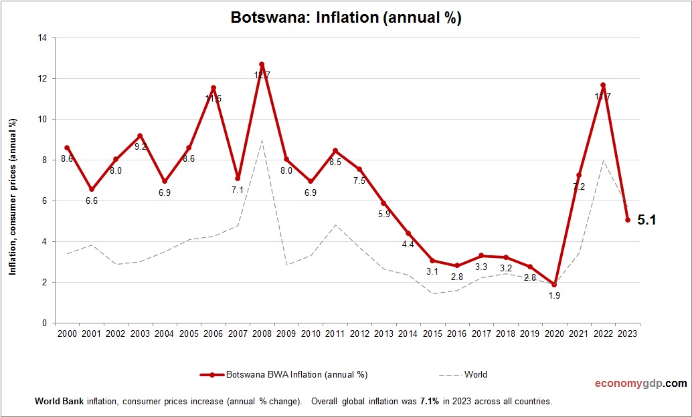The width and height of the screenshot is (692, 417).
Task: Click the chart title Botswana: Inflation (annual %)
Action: pyautogui.click(x=346, y=18)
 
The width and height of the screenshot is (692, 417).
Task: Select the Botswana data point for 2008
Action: pyautogui.click(x=262, y=64)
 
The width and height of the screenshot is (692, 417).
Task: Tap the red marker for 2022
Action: pyautogui.click(x=603, y=85)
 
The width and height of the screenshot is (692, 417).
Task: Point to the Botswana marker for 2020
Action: pyautogui.click(x=554, y=285)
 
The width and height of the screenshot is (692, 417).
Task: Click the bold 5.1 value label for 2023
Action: pyautogui.click(x=646, y=219)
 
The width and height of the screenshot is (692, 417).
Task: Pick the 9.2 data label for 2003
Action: pyautogui.click(x=141, y=146)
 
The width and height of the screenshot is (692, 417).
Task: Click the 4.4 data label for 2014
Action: pyautogui.click(x=408, y=244)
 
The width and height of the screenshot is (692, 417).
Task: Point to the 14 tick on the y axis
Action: pyautogui.click(x=41, y=38)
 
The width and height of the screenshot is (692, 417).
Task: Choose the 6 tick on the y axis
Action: pyautogui.click(x=44, y=201)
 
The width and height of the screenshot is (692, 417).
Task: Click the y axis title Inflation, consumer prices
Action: pyautogui.click(x=12, y=196)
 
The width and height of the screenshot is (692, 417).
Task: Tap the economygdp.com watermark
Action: pyautogui.click(x=640, y=384)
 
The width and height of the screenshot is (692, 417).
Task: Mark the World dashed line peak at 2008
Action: pyautogui.click(x=262, y=141)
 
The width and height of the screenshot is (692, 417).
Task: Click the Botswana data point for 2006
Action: pyautogui.click(x=213, y=88)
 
